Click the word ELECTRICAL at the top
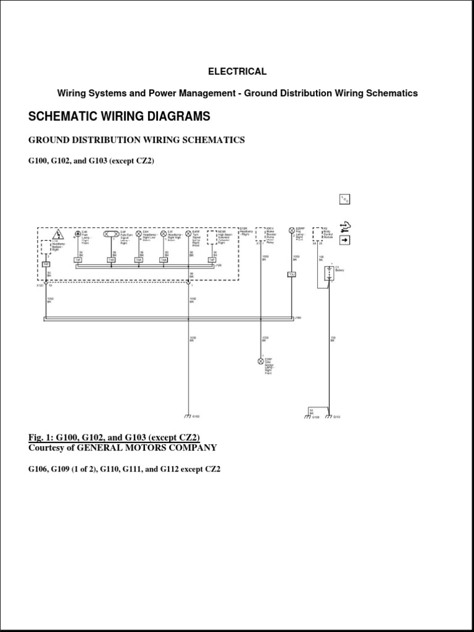click(237, 72)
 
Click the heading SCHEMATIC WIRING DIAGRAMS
click(119, 116)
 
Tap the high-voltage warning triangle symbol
click(58, 234)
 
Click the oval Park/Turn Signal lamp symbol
click(112, 234)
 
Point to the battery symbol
click(330, 272)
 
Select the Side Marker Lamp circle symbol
click(260, 361)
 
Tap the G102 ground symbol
click(188, 415)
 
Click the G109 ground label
click(315, 417)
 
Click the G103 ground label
click(337, 417)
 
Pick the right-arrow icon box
click(344, 239)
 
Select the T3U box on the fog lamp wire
click(292, 274)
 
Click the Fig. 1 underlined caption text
click(114, 438)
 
